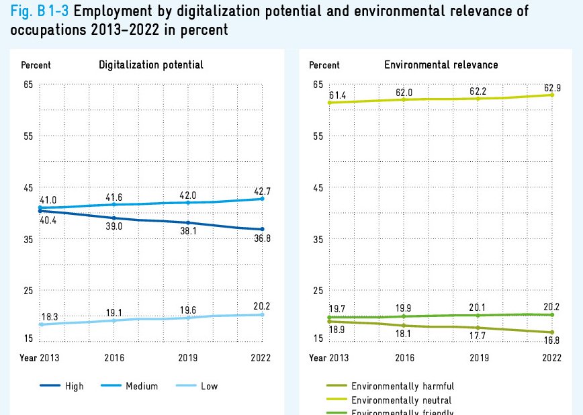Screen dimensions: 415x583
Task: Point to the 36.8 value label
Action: tap(259, 240)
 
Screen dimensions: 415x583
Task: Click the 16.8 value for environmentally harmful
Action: tap(552, 340)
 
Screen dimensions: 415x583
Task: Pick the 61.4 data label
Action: tap(337, 97)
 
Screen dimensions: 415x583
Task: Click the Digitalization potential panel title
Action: tap(151, 65)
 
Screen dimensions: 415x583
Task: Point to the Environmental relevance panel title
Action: tap(441, 65)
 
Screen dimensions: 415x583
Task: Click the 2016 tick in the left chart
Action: tap(114, 358)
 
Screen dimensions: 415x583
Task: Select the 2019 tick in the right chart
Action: tap(478, 358)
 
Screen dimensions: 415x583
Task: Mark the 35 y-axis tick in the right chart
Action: tap(318, 240)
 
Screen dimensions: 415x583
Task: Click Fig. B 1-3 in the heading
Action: tap(35, 11)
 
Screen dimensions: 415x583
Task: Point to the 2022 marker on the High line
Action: tap(262, 230)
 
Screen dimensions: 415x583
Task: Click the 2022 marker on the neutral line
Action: tap(551, 95)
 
